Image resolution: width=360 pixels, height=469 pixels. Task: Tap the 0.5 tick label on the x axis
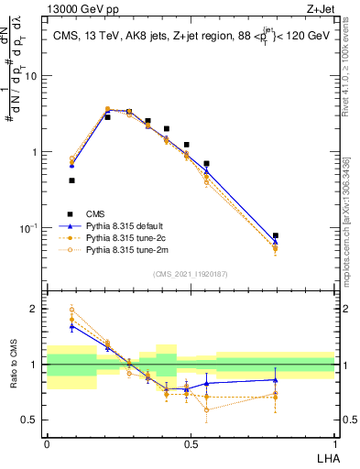coord(191,443)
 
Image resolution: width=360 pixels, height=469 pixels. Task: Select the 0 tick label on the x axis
coord(47,443)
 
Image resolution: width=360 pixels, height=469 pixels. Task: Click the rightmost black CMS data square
coord(276,235)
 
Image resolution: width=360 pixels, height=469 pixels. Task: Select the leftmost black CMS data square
coord(71,180)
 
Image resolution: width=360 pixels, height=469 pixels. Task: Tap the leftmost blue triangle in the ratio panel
coord(71,326)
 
